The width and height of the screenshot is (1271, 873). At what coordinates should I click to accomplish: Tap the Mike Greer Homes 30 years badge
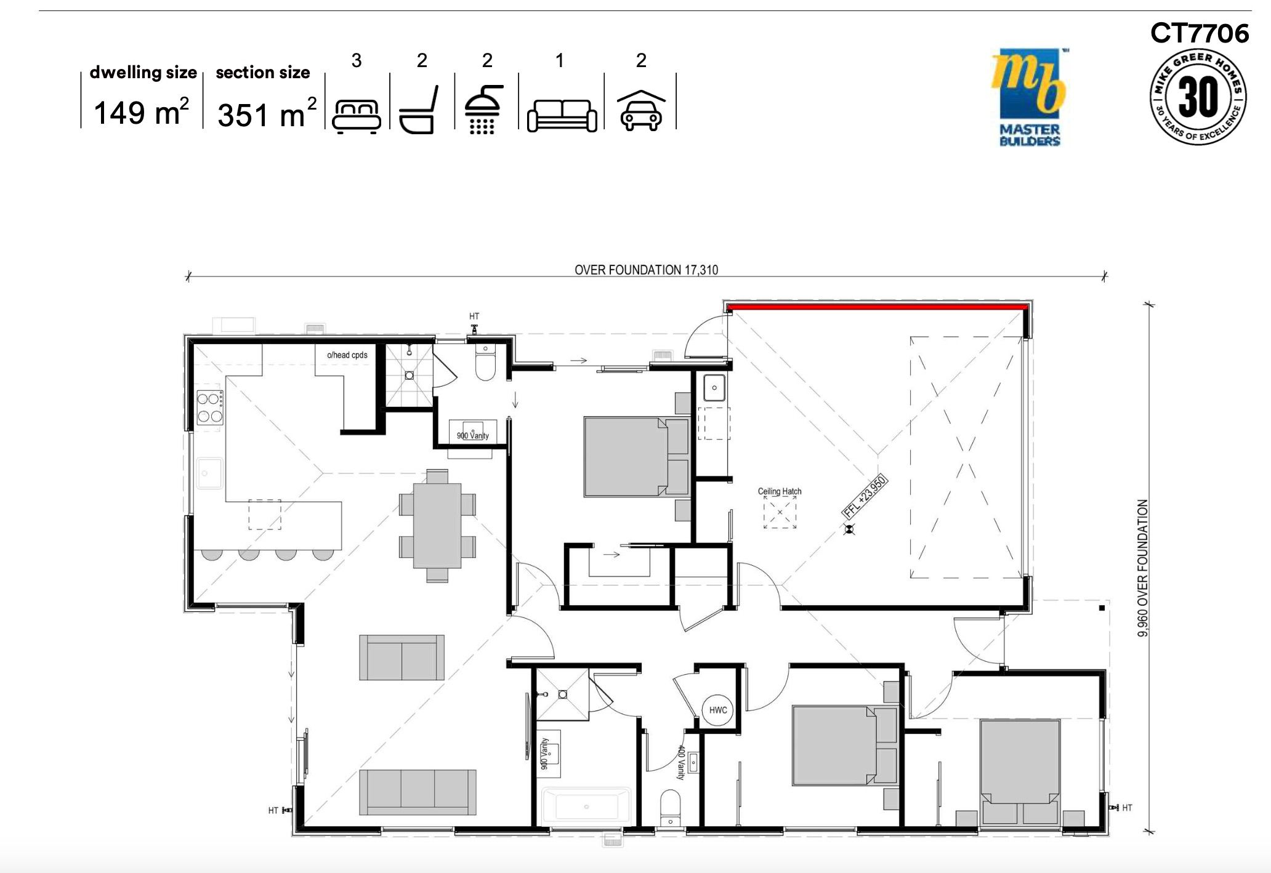point(1198,97)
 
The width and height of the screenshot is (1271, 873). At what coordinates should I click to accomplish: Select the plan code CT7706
point(1199,33)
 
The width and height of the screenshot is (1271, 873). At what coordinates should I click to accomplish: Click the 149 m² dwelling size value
point(141,113)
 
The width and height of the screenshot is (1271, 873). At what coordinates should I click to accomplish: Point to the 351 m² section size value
point(267,115)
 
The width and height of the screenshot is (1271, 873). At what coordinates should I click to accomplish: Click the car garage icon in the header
point(641,111)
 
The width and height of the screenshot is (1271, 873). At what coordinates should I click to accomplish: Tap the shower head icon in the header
point(483,110)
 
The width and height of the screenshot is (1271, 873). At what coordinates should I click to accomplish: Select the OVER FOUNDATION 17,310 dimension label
point(646,270)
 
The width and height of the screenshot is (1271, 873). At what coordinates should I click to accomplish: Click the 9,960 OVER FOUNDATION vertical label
point(1142,568)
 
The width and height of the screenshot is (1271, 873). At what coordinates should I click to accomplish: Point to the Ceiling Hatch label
point(779,491)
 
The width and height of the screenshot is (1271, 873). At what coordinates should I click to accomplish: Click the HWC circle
point(718,710)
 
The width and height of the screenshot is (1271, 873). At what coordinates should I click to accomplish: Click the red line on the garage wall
point(877,306)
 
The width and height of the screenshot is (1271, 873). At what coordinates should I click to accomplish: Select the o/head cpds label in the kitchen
point(347,355)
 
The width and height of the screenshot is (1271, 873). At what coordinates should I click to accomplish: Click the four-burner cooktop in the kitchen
point(209,408)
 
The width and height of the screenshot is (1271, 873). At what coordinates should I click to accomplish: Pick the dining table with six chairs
point(437,525)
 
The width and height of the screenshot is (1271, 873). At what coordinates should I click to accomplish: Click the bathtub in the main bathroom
point(586,806)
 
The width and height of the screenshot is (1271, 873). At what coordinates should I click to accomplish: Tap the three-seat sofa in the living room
point(418,792)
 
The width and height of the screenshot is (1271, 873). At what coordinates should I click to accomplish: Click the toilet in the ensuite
point(485,365)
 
